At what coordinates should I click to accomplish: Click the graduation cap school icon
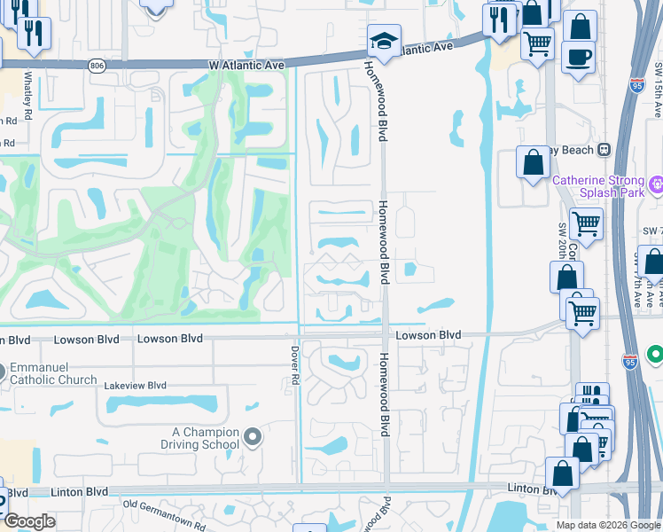[x=384, y=41]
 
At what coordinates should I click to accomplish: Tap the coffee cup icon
[x=578, y=58]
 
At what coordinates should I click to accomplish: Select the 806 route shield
[x=97, y=66]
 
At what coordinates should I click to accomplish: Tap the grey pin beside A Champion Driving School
[x=253, y=436]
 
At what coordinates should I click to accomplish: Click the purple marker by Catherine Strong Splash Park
[x=655, y=184]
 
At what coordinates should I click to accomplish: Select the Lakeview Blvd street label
[x=135, y=386]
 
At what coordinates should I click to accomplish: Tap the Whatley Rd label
[x=28, y=97]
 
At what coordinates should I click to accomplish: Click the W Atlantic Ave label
[x=246, y=66]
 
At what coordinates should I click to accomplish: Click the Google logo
[x=28, y=521]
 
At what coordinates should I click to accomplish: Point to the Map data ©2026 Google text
[x=607, y=525]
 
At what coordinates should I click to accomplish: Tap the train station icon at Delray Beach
[x=605, y=150]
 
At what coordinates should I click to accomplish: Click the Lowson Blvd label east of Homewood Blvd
[x=428, y=335]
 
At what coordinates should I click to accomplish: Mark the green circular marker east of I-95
[x=655, y=355]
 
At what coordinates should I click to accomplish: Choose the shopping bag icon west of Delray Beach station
[x=533, y=163]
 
